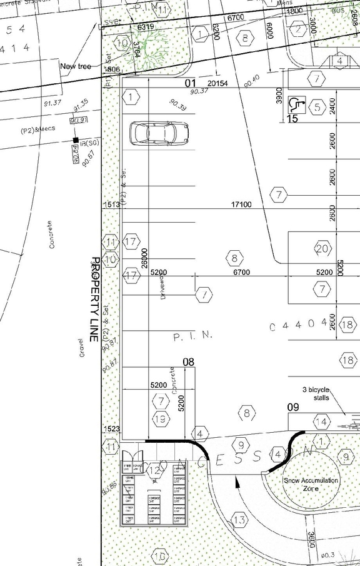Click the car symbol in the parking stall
click(159, 133)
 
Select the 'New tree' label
click(76, 66)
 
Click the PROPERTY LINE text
click(96, 298)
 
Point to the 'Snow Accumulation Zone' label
click(311, 484)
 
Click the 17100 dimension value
click(241, 205)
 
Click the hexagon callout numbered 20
click(322, 249)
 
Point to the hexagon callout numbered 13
click(239, 520)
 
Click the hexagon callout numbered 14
click(322, 422)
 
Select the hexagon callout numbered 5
click(317, 107)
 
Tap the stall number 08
click(189, 361)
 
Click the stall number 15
click(292, 118)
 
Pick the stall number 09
click(294, 407)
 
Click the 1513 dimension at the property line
click(112, 205)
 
